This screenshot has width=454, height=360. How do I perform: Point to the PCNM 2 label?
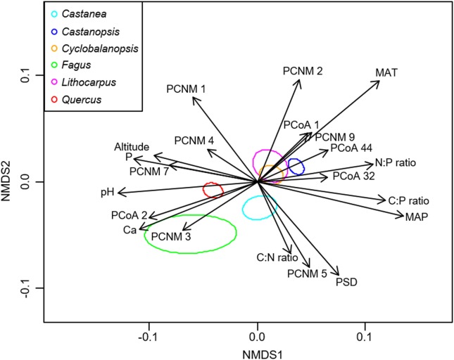point(303,71)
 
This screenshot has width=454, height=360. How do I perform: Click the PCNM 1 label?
point(187,89)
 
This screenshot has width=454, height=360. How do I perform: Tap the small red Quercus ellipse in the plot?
point(213,189)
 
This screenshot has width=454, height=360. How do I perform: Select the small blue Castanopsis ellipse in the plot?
point(296,167)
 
